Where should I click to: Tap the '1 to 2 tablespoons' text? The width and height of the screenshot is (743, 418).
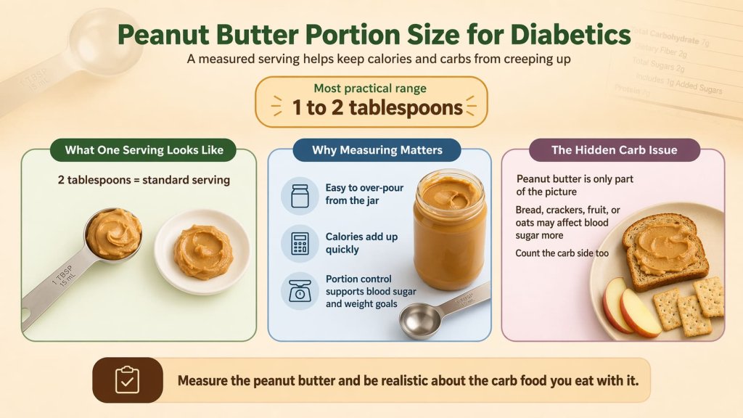point(377,107)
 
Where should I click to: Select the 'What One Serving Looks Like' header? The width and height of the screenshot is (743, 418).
point(142,150)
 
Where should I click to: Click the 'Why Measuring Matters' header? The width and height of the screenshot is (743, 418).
point(377,150)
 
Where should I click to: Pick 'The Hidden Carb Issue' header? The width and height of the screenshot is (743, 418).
point(614,150)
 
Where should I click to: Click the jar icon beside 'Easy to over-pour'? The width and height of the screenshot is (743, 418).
point(300,195)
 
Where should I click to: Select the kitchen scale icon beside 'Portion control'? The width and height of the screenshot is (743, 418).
point(300,291)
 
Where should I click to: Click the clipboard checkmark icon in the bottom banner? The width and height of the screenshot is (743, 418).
point(127,380)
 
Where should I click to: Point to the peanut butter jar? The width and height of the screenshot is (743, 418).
point(449,229)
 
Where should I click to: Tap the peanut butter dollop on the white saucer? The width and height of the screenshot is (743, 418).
point(204,250)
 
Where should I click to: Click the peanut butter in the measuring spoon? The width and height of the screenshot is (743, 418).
point(113,233)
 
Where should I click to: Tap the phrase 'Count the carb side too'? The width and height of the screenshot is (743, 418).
point(562,253)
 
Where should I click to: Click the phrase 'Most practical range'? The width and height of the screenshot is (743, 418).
point(370,89)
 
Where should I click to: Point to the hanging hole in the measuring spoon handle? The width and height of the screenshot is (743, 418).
point(28,316)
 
